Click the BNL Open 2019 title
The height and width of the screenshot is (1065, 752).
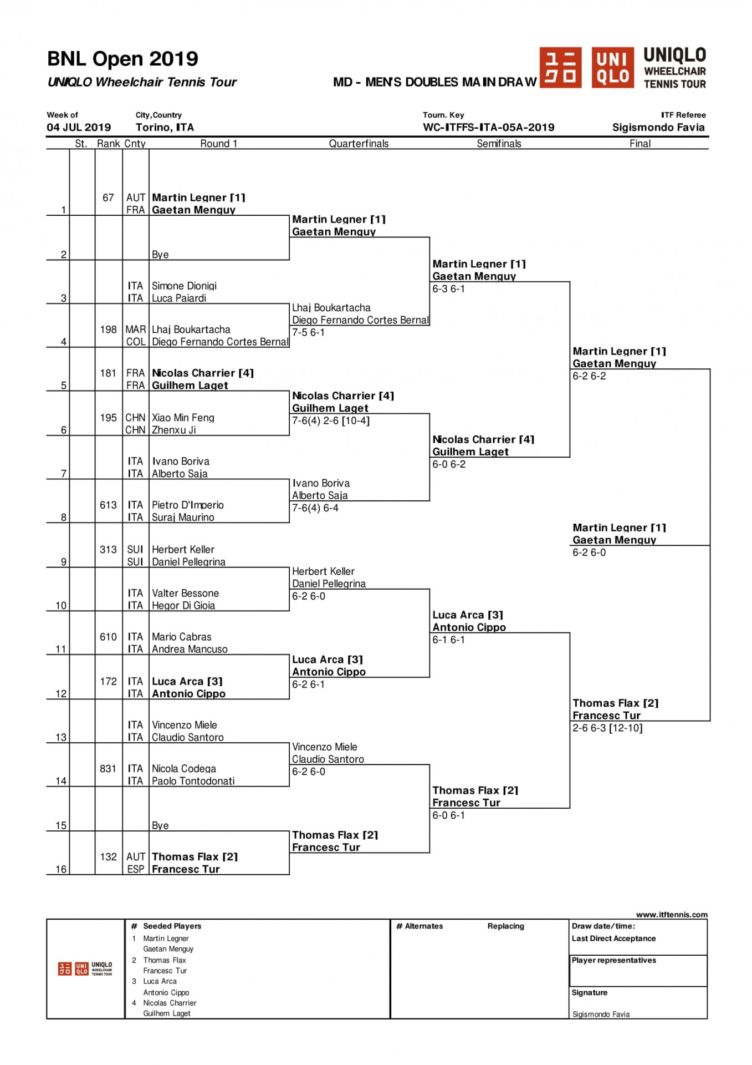122,59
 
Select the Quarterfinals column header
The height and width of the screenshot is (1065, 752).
359,144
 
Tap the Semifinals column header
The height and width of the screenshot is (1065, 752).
499,144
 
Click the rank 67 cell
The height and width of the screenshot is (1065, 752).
108,197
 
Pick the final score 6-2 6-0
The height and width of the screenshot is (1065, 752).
589,552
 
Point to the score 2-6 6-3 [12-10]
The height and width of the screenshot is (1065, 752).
607,728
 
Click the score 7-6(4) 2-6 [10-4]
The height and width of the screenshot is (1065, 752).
331,420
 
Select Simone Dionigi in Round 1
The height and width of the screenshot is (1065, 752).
184,286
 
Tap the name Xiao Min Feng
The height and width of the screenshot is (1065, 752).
183,418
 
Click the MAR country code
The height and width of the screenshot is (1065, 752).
136,329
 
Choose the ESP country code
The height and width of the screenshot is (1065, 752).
136,869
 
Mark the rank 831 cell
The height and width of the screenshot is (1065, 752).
108,769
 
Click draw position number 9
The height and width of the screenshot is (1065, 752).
64,562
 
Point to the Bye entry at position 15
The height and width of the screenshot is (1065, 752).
160,825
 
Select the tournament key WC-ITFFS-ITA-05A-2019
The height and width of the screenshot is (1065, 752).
489,127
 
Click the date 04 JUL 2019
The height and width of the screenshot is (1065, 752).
79,127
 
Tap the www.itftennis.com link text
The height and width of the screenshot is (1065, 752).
672,915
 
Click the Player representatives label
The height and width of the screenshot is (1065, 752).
614,960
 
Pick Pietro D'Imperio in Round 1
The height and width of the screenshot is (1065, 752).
188,505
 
